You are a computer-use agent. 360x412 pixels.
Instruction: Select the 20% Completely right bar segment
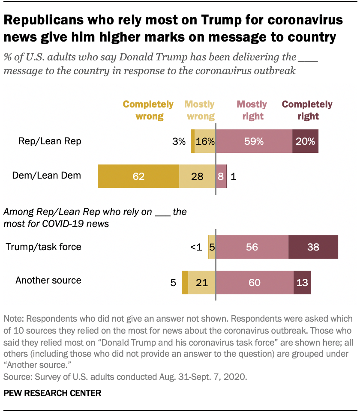(x=306, y=141)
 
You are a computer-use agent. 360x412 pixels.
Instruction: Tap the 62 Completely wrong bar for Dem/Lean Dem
(x=138, y=176)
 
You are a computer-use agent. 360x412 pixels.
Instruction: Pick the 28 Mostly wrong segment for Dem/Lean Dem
(x=197, y=176)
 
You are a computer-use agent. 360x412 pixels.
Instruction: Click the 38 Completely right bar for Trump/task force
(x=313, y=247)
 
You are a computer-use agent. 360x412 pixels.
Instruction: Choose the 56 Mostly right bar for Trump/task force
(x=252, y=247)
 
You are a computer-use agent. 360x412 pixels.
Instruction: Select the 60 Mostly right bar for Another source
(x=255, y=282)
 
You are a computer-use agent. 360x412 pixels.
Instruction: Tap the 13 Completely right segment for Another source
(x=302, y=282)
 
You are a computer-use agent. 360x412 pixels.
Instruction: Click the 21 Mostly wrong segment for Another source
(x=202, y=282)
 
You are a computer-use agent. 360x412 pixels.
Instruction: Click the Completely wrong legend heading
(x=148, y=110)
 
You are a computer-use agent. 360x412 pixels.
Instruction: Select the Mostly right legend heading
(x=252, y=110)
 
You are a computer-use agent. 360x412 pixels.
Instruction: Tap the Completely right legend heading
(x=307, y=110)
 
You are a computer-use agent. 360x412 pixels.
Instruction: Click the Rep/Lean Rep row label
(x=50, y=141)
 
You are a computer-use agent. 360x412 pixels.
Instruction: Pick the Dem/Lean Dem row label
(x=47, y=175)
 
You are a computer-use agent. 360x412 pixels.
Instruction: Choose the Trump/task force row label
(x=43, y=247)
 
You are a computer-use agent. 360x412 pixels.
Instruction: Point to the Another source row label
(x=48, y=281)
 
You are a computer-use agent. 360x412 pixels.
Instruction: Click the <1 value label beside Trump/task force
(x=196, y=247)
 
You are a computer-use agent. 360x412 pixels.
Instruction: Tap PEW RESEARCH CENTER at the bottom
(x=52, y=393)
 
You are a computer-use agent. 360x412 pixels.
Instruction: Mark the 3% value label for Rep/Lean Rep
(x=180, y=141)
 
